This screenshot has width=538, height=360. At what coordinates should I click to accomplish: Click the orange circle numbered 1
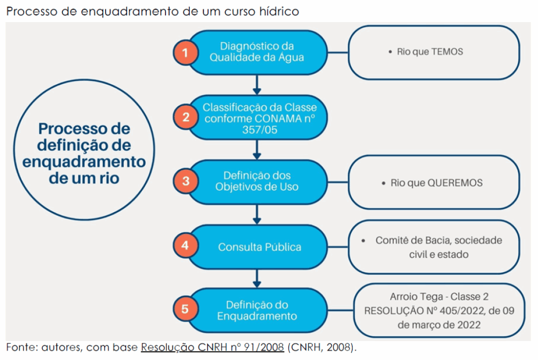click(185, 53)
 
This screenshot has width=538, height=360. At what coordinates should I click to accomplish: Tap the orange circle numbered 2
click(185, 117)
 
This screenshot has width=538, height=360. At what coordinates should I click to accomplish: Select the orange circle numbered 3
click(185, 181)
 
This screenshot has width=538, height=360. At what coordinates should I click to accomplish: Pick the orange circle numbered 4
click(185, 245)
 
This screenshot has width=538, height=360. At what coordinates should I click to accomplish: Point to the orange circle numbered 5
click(185, 309)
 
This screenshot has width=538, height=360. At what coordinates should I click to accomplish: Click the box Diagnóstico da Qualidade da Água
click(257, 52)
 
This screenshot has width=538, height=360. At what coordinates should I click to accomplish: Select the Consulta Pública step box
click(257, 247)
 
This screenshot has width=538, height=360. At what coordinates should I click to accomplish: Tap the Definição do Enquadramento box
click(257, 310)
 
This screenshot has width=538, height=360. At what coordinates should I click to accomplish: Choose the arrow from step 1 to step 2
click(257, 85)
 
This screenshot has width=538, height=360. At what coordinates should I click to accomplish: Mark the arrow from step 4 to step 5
click(257, 279)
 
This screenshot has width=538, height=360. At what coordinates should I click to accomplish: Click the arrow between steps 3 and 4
click(257, 214)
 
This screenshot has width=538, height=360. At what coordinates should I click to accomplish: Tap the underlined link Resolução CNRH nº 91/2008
click(212, 347)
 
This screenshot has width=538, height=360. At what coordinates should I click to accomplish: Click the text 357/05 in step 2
click(260, 130)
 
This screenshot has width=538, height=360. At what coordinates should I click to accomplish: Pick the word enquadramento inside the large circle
click(84, 162)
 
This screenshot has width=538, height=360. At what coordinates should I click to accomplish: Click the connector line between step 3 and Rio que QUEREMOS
click(338, 182)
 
